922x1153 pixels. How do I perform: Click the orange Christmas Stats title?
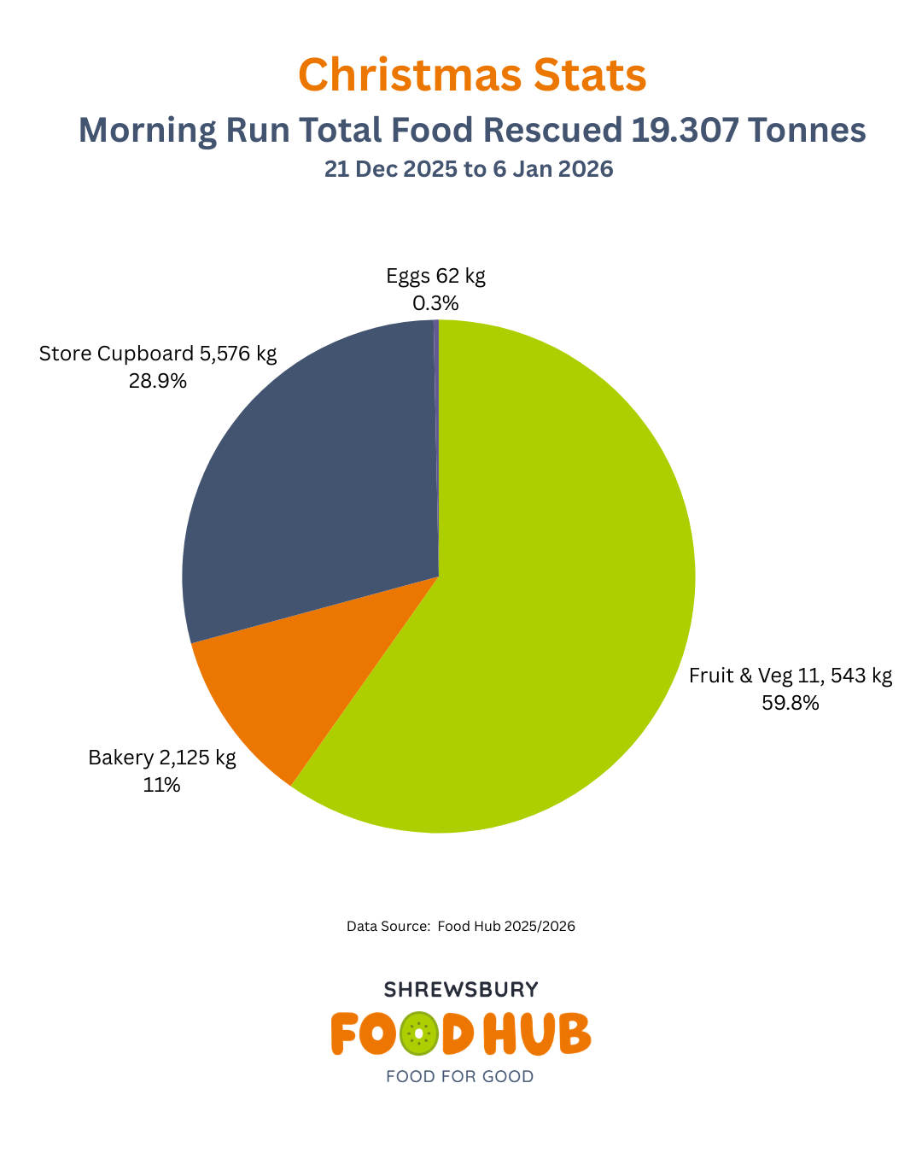[472, 75]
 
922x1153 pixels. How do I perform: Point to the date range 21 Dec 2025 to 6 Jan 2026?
[469, 169]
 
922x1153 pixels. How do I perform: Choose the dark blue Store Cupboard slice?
[316, 478]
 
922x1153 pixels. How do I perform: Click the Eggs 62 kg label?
[435, 276]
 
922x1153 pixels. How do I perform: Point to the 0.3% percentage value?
[435, 303]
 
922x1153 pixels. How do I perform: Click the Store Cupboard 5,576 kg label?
[158, 354]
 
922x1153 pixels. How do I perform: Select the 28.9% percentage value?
[158, 381]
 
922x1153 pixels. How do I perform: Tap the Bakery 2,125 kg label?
[162, 758]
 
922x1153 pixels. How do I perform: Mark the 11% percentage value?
[162, 785]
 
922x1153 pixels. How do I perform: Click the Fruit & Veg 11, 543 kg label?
[791, 676]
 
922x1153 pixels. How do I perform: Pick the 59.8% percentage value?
[791, 703]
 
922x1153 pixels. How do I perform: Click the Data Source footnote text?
[461, 926]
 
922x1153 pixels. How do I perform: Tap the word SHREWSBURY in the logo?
[461, 989]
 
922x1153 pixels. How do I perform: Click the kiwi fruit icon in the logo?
[418, 1034]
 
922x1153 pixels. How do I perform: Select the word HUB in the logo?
[538, 1034]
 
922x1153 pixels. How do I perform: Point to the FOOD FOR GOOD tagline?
[460, 1076]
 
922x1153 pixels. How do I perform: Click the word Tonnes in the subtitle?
[808, 130]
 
